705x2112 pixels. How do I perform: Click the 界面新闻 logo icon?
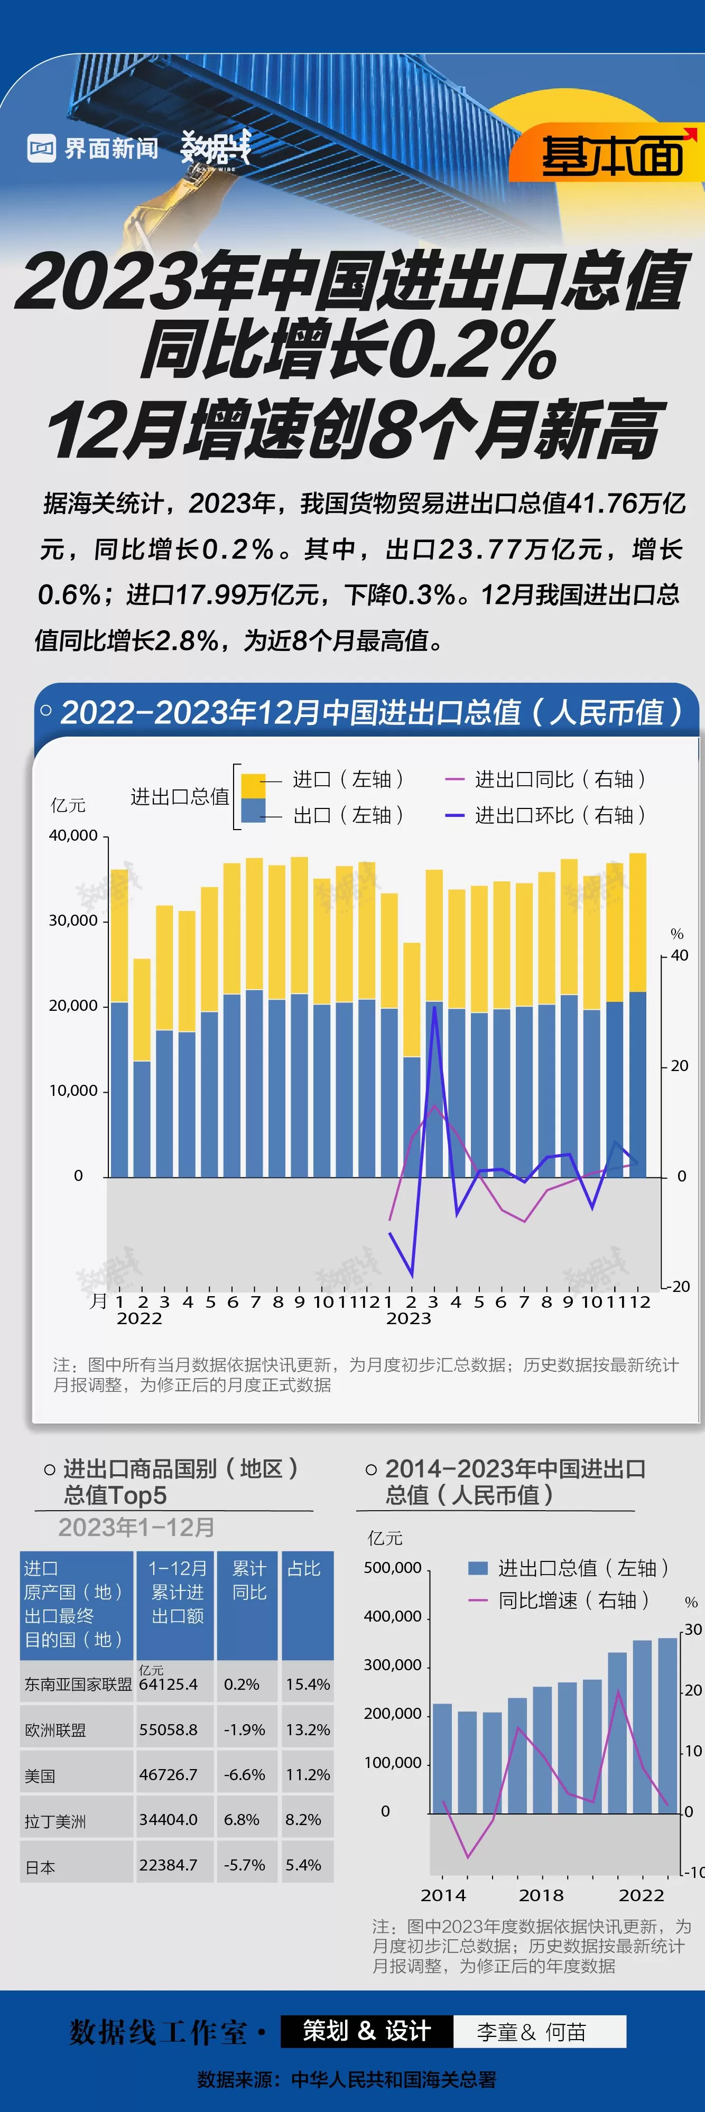point(41,148)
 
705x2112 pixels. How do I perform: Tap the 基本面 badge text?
point(611,155)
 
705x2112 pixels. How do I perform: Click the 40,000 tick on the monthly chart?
point(73,835)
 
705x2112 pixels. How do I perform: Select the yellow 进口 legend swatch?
point(253,785)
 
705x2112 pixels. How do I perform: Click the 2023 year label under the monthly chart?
point(408,1318)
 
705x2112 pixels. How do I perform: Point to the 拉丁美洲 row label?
point(55,1821)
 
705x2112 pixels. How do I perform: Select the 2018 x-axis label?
point(541,1895)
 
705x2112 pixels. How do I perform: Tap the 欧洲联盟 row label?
point(55,1730)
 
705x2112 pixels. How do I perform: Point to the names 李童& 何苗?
point(531,2032)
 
